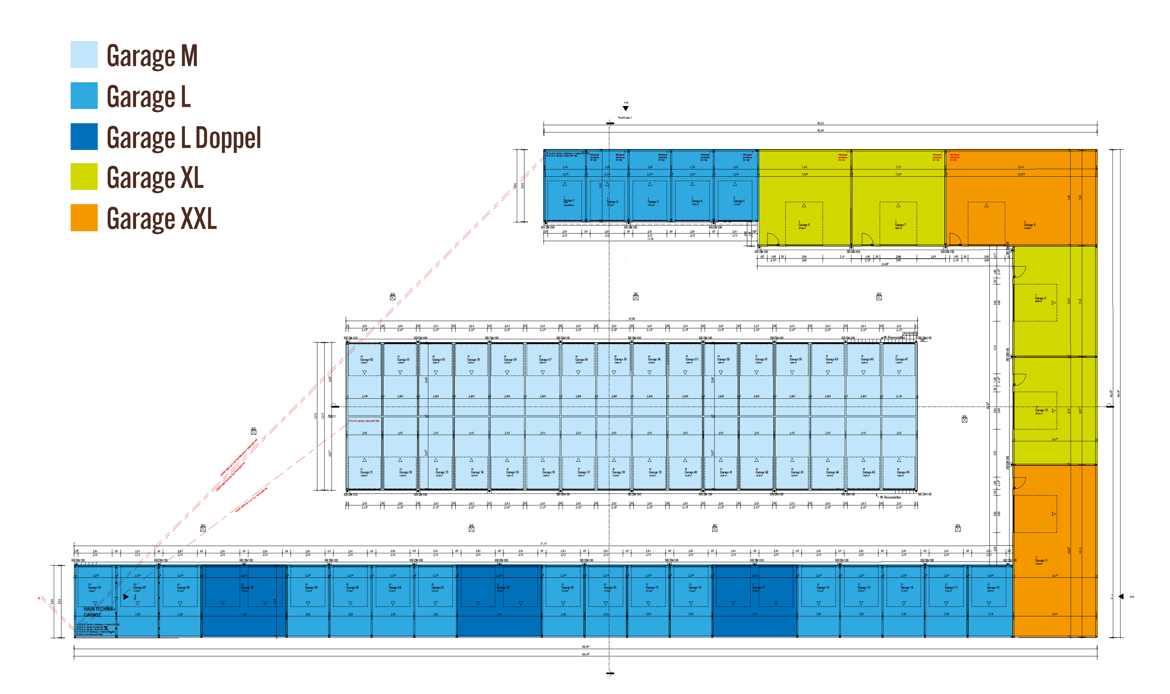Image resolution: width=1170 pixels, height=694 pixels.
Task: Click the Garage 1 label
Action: tap(569, 201)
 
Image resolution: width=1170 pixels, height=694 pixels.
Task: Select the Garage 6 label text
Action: tap(804, 225)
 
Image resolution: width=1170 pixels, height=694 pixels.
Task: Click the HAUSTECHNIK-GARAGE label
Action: tap(99, 612)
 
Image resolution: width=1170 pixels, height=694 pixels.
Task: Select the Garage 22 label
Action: tap(503, 588)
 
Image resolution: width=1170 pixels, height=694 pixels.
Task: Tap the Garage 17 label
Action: tap(758, 588)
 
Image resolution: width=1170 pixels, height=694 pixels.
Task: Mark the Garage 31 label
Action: tap(366, 472)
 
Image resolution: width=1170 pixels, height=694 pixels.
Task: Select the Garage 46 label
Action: tap(903, 472)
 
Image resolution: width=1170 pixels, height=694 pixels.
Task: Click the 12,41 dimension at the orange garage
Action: tap(1021, 167)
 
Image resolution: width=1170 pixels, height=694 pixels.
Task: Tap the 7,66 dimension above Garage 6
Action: tap(804, 167)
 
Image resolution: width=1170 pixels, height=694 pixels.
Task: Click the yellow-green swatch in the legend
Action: tap(71, 176)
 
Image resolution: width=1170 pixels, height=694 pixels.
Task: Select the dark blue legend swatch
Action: tap(71, 136)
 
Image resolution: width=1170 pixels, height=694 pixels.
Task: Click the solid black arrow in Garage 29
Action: tap(126, 597)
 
